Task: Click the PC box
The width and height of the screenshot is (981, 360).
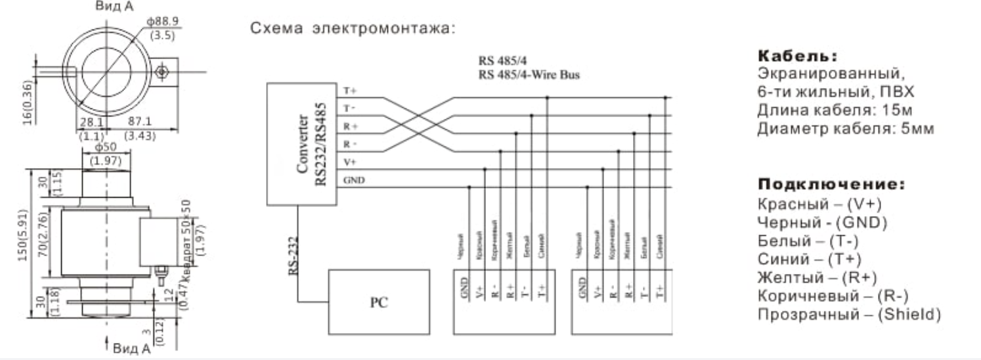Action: [379, 302]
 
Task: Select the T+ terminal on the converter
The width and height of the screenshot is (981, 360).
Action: [349, 91]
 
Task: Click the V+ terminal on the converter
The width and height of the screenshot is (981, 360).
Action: [350, 162]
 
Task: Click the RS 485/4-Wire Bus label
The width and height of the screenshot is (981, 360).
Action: [529, 74]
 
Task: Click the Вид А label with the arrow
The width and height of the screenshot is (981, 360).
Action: [131, 347]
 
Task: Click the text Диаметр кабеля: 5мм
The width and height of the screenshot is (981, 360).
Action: [845, 128]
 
